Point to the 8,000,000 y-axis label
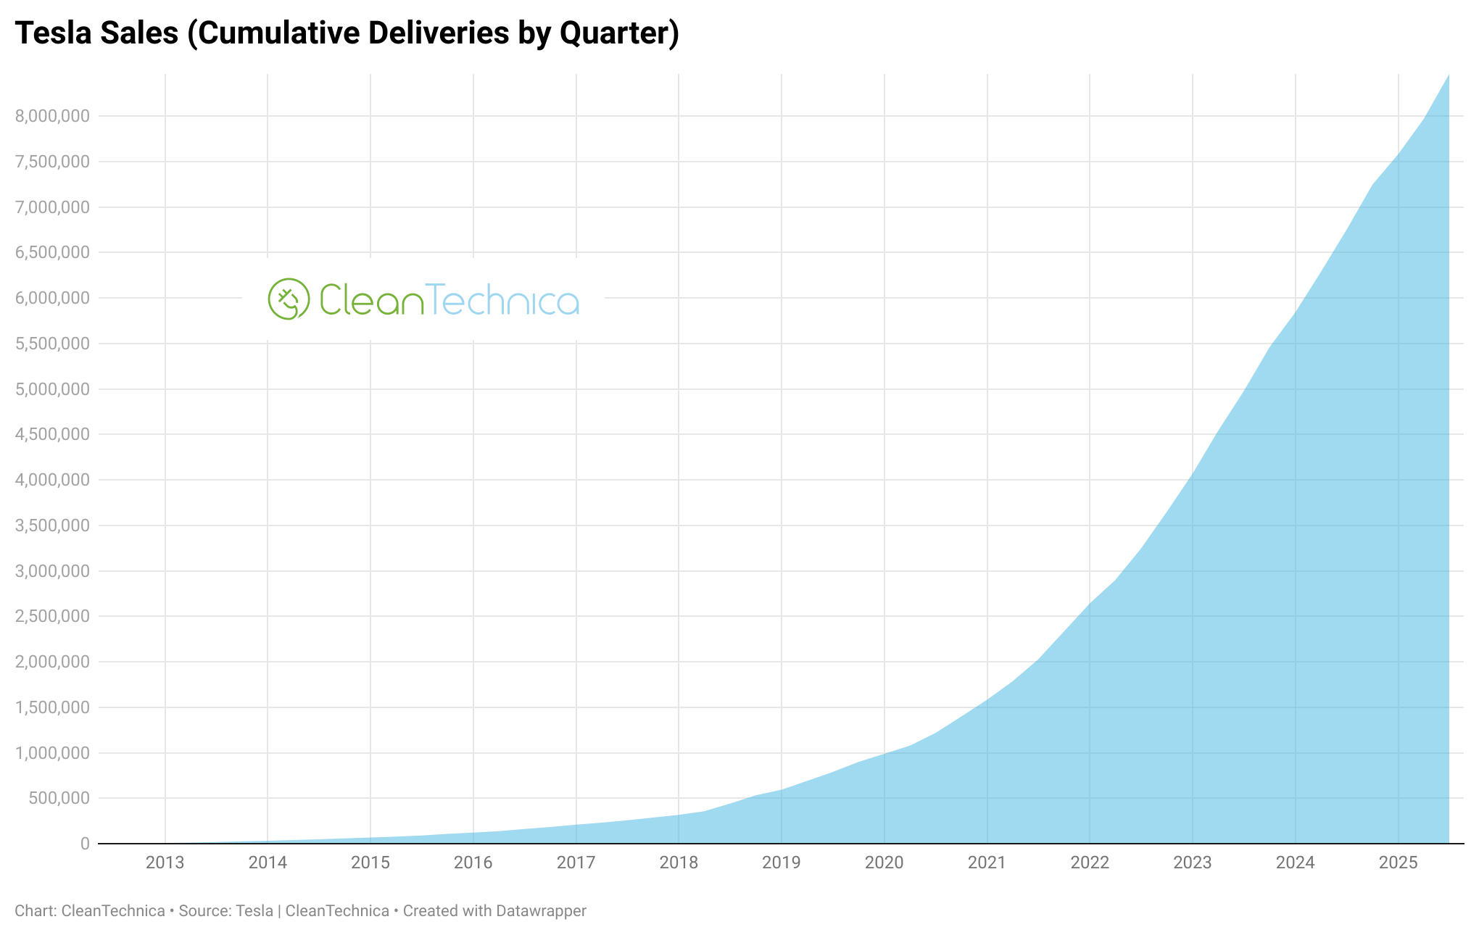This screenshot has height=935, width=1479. (x=52, y=116)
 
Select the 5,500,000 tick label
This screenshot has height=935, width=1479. (x=52, y=344)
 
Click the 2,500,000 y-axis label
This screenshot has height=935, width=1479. (x=52, y=616)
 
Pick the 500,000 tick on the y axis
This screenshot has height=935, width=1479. (x=59, y=798)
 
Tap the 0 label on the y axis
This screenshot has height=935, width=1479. (x=85, y=844)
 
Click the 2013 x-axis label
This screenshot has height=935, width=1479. (x=165, y=863)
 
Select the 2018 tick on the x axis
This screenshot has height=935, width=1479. (x=679, y=863)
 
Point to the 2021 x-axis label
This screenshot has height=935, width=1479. (x=987, y=863)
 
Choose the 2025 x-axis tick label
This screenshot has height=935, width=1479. (x=1398, y=863)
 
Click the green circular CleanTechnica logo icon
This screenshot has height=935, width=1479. (x=289, y=299)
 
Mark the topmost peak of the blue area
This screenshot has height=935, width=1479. (x=1448, y=75)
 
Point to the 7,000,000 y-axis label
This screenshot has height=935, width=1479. (x=52, y=207)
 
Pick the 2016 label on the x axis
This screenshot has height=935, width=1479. (x=473, y=863)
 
